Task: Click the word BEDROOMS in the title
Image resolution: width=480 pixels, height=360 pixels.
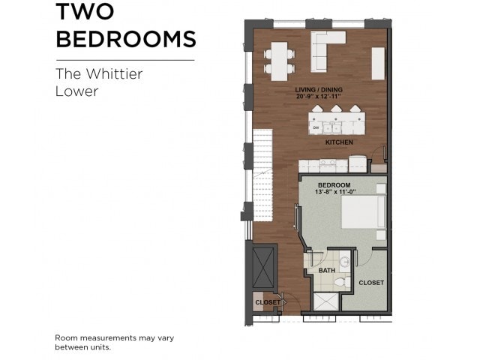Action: pyautogui.click(x=126, y=38)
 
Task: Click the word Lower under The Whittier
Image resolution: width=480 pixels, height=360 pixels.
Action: pyautogui.click(x=77, y=92)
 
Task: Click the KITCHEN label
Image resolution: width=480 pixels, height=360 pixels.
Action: pyautogui.click(x=338, y=142)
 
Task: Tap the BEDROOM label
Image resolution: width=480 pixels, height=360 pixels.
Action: pyautogui.click(x=334, y=184)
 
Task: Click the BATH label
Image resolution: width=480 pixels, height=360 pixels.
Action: pyautogui.click(x=327, y=270)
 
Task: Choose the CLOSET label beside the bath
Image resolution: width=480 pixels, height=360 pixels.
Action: pyautogui.click(x=371, y=283)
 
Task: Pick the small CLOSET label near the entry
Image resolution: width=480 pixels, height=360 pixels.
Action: pyautogui.click(x=266, y=302)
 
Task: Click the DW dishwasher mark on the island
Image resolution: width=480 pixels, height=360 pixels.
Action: pyautogui.click(x=316, y=127)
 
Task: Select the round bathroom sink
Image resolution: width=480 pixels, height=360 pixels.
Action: pyautogui.click(x=344, y=262)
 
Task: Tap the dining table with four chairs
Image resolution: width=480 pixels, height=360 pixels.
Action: pyautogui.click(x=278, y=60)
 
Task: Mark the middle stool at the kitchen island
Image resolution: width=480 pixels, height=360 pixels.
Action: pyautogui.click(x=334, y=110)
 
